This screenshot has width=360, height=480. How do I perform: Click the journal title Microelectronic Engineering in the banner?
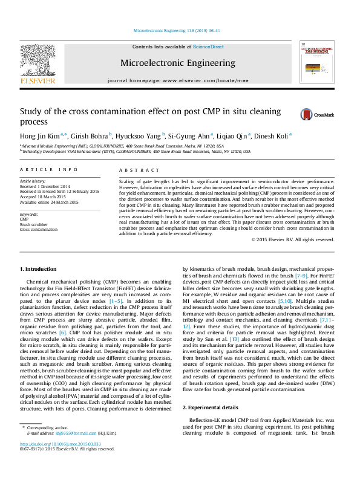click(178, 63)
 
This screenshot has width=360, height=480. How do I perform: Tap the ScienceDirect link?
click(208, 47)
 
